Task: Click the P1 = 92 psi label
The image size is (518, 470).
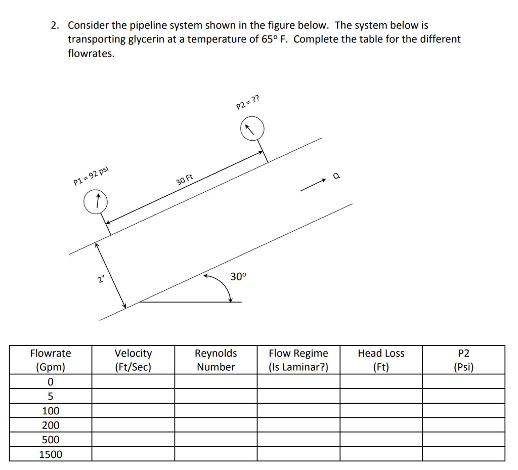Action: [91, 176]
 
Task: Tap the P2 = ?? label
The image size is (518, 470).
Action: [248, 103]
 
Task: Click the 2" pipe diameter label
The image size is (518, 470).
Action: [102, 280]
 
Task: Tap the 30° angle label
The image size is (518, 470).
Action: [238, 277]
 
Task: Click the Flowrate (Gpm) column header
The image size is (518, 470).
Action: [51, 360]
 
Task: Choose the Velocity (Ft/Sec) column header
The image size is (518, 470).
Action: [133, 360]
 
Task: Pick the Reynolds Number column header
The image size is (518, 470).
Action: [216, 360]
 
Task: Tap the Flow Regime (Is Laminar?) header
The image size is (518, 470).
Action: [298, 360]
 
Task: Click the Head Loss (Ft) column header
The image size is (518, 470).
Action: [381, 360]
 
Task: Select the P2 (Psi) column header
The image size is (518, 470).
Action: [463, 360]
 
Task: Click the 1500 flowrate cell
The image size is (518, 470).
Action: [51, 454]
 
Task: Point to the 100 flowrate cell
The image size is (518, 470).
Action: [51, 411]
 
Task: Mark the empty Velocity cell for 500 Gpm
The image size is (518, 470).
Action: [133, 440]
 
